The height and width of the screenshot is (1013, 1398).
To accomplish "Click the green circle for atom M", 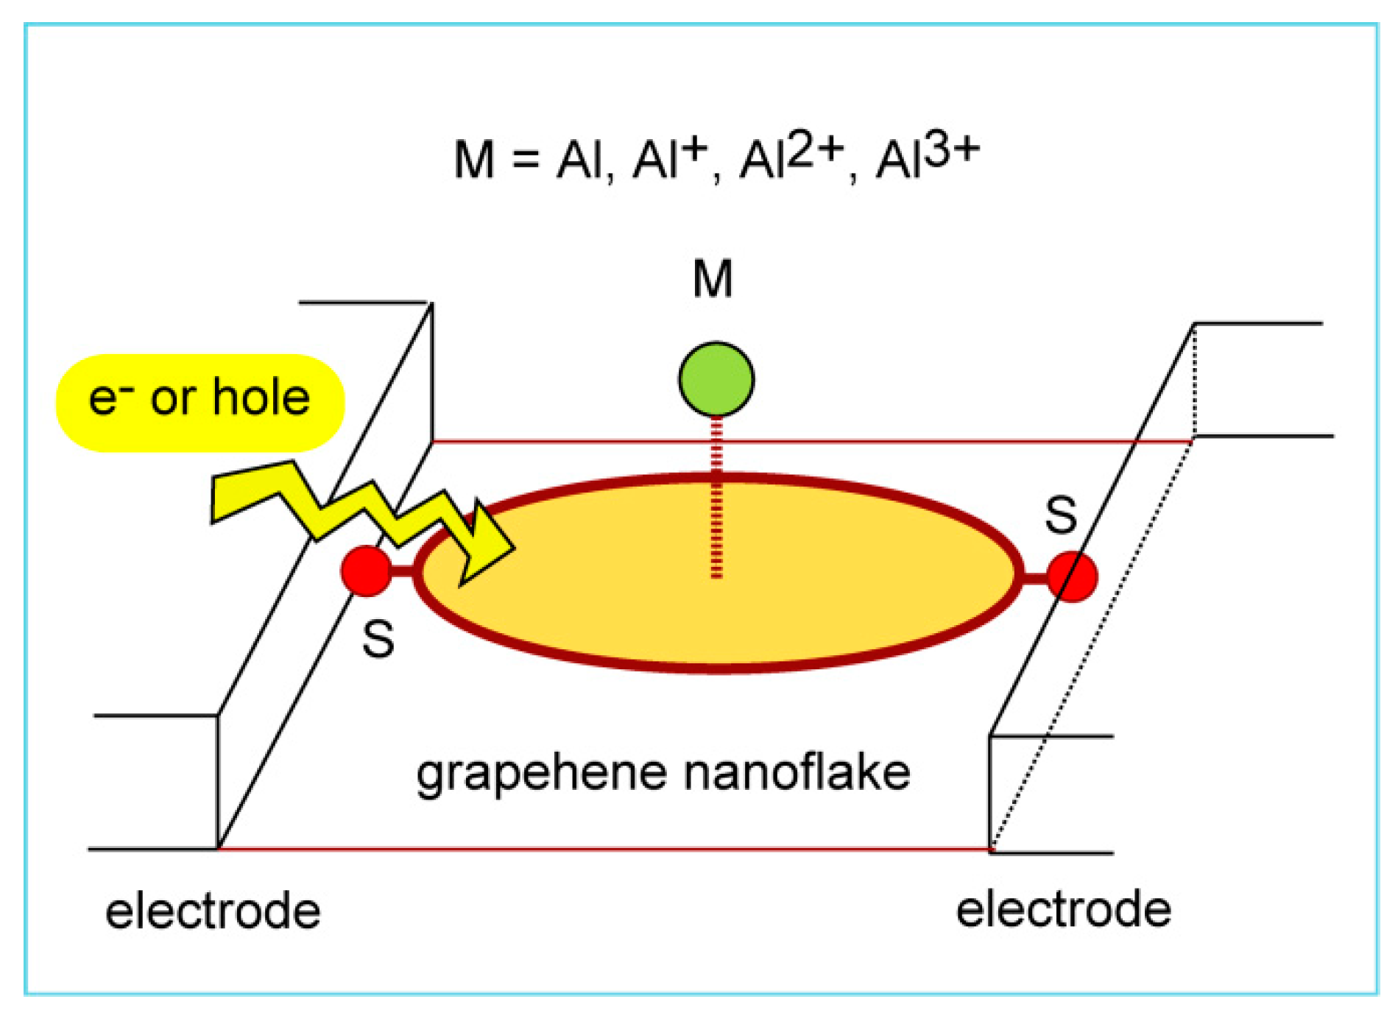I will (716, 379).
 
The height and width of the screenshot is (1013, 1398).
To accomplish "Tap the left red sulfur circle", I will (366, 571).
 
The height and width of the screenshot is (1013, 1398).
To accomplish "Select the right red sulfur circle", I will (1072, 576).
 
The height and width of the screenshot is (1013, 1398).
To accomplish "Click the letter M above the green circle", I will (713, 279).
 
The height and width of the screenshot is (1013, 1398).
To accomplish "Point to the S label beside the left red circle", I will (378, 639).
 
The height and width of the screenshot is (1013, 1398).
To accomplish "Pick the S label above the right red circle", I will (1061, 515).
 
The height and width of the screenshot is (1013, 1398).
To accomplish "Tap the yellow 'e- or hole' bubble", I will (200, 403).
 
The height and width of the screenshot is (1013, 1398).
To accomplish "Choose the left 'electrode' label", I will (213, 911).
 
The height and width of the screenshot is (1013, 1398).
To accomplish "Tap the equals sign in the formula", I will (526, 159).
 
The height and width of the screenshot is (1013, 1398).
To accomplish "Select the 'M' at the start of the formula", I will (473, 159).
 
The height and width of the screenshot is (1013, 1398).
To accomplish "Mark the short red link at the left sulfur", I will (402, 571).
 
